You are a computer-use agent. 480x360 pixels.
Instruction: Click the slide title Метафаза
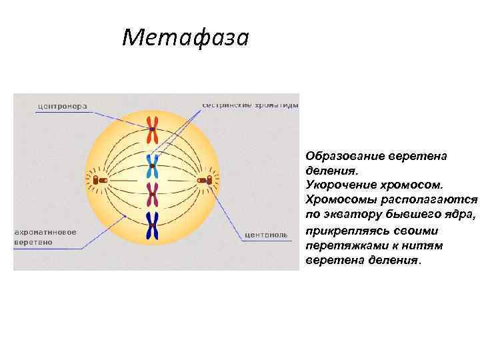click(185, 37)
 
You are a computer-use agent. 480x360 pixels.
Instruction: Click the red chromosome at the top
click(153, 129)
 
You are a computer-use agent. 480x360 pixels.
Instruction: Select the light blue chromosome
click(153, 165)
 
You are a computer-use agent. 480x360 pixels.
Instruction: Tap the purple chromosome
click(153, 195)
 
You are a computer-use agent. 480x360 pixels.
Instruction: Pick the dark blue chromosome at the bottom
click(153, 226)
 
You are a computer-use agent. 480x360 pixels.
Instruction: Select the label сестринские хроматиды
click(249, 105)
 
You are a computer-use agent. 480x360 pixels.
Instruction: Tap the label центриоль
click(266, 235)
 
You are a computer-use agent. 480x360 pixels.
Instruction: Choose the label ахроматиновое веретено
click(45, 237)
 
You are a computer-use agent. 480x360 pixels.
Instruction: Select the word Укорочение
click(337, 181)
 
